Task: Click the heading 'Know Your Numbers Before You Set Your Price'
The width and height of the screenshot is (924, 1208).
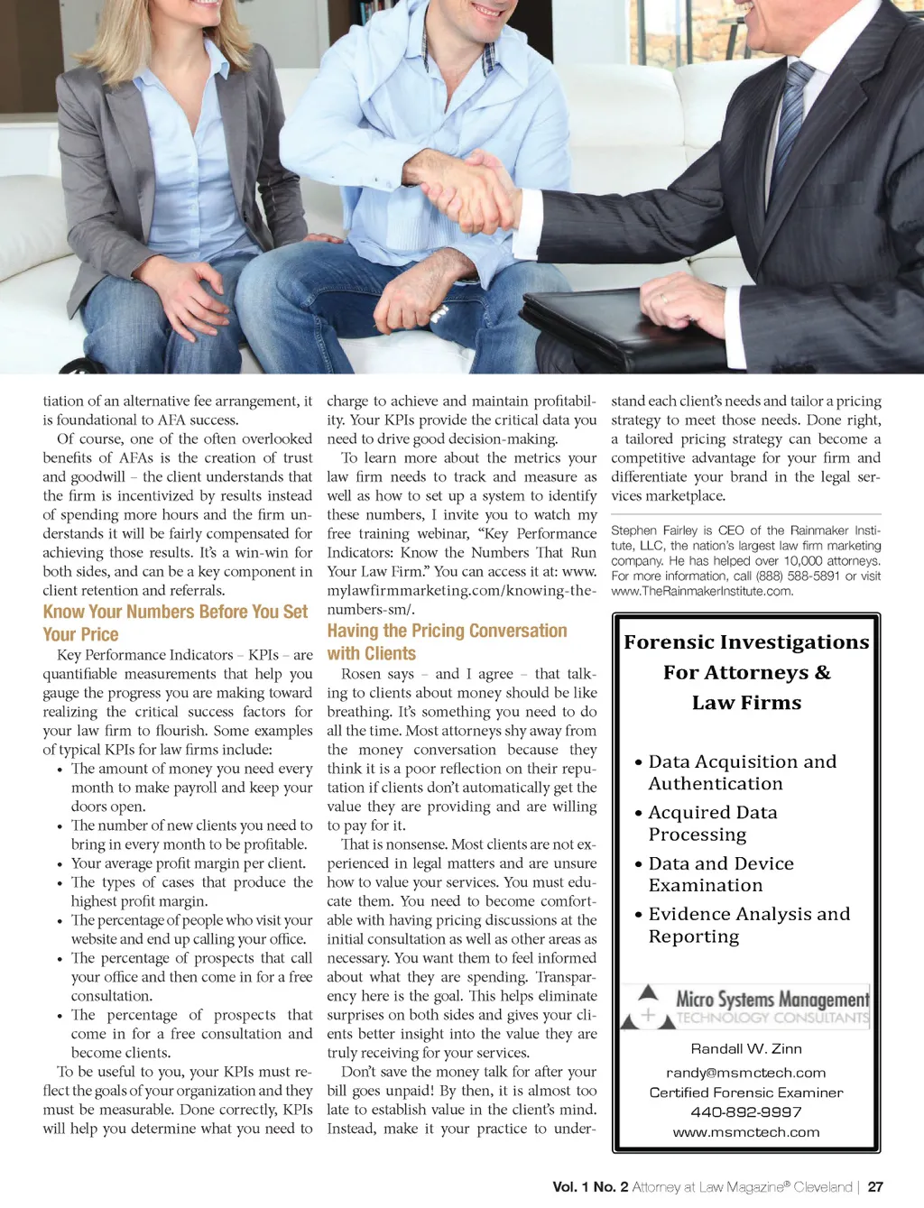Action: (x=175, y=622)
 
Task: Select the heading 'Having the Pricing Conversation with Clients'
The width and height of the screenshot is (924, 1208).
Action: (x=447, y=641)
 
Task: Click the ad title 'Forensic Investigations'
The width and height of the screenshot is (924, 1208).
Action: (x=746, y=642)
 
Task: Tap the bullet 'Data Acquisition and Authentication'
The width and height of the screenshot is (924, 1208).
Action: (x=742, y=772)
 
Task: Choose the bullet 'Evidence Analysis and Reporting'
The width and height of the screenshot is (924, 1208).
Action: (x=748, y=925)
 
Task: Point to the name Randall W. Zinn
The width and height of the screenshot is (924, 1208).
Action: (x=746, y=1048)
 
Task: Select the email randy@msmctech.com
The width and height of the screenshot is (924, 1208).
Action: (x=746, y=1073)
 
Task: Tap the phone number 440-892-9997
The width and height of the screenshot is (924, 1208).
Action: (x=746, y=1112)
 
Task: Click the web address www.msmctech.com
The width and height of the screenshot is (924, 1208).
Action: (x=746, y=1132)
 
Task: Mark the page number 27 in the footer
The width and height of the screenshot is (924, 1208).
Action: (x=875, y=1187)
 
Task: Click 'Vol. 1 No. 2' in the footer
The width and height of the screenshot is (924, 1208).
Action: (x=590, y=1187)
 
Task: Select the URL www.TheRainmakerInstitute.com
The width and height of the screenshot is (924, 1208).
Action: (x=702, y=591)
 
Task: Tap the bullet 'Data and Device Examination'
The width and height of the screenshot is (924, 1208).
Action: (x=720, y=874)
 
